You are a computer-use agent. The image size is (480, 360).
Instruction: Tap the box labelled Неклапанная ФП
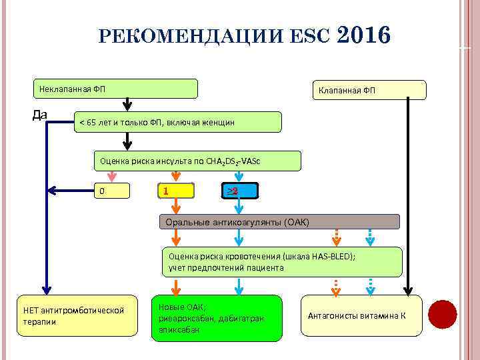pos(116,89)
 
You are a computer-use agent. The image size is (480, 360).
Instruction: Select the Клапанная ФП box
pos(369,90)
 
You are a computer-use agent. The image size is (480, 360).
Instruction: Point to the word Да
pos(40,115)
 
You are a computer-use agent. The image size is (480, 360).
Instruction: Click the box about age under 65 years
pos(177,121)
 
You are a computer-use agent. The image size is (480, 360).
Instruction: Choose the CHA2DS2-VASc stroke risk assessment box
pos(197,161)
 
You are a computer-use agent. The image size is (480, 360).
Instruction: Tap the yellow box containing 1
pos(175,192)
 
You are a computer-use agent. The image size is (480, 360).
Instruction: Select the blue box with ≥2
pos(237,192)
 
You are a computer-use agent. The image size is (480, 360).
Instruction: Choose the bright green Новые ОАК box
pos(216,318)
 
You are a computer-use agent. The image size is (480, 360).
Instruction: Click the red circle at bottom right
pos(442,315)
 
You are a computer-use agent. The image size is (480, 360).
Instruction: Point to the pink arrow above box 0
pos(112,177)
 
